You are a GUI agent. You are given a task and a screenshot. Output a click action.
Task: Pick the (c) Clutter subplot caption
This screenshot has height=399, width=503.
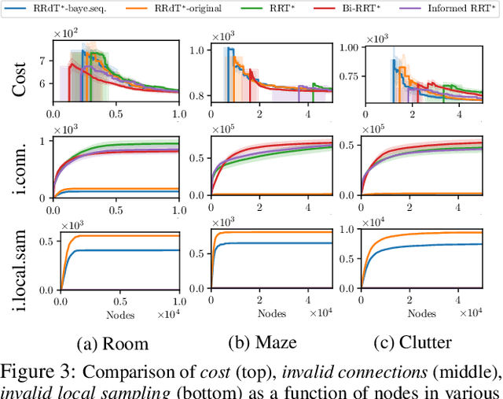(414, 342)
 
